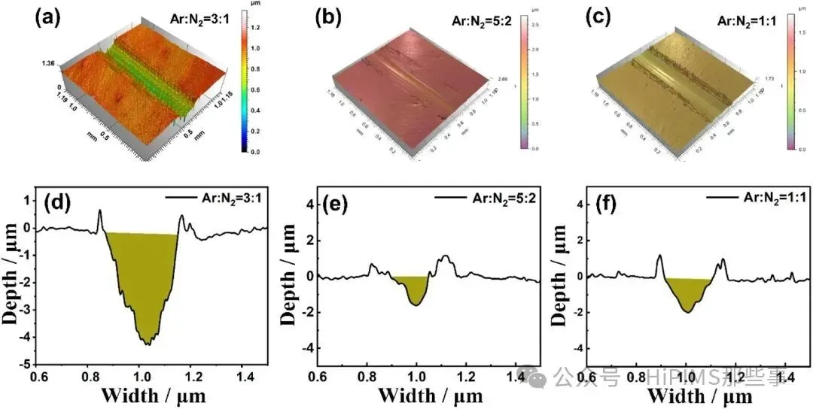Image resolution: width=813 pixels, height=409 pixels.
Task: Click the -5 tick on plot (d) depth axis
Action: point(26,364)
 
